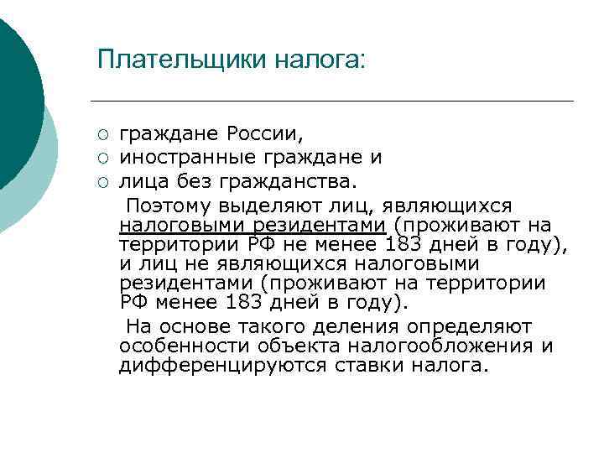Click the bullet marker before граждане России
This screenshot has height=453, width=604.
point(102,134)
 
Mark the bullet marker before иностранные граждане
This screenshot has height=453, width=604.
point(102,157)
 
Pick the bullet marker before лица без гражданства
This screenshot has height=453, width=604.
point(102,180)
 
